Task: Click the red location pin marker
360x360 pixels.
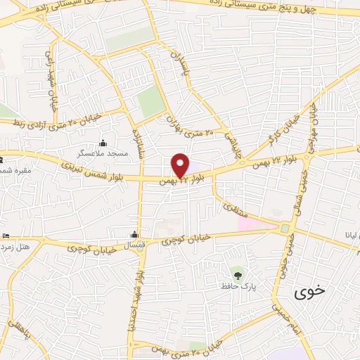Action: pyautogui.click(x=181, y=165)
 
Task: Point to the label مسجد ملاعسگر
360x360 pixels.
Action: pyautogui.click(x=103, y=153)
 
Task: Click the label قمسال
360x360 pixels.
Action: pyautogui.click(x=134, y=246)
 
